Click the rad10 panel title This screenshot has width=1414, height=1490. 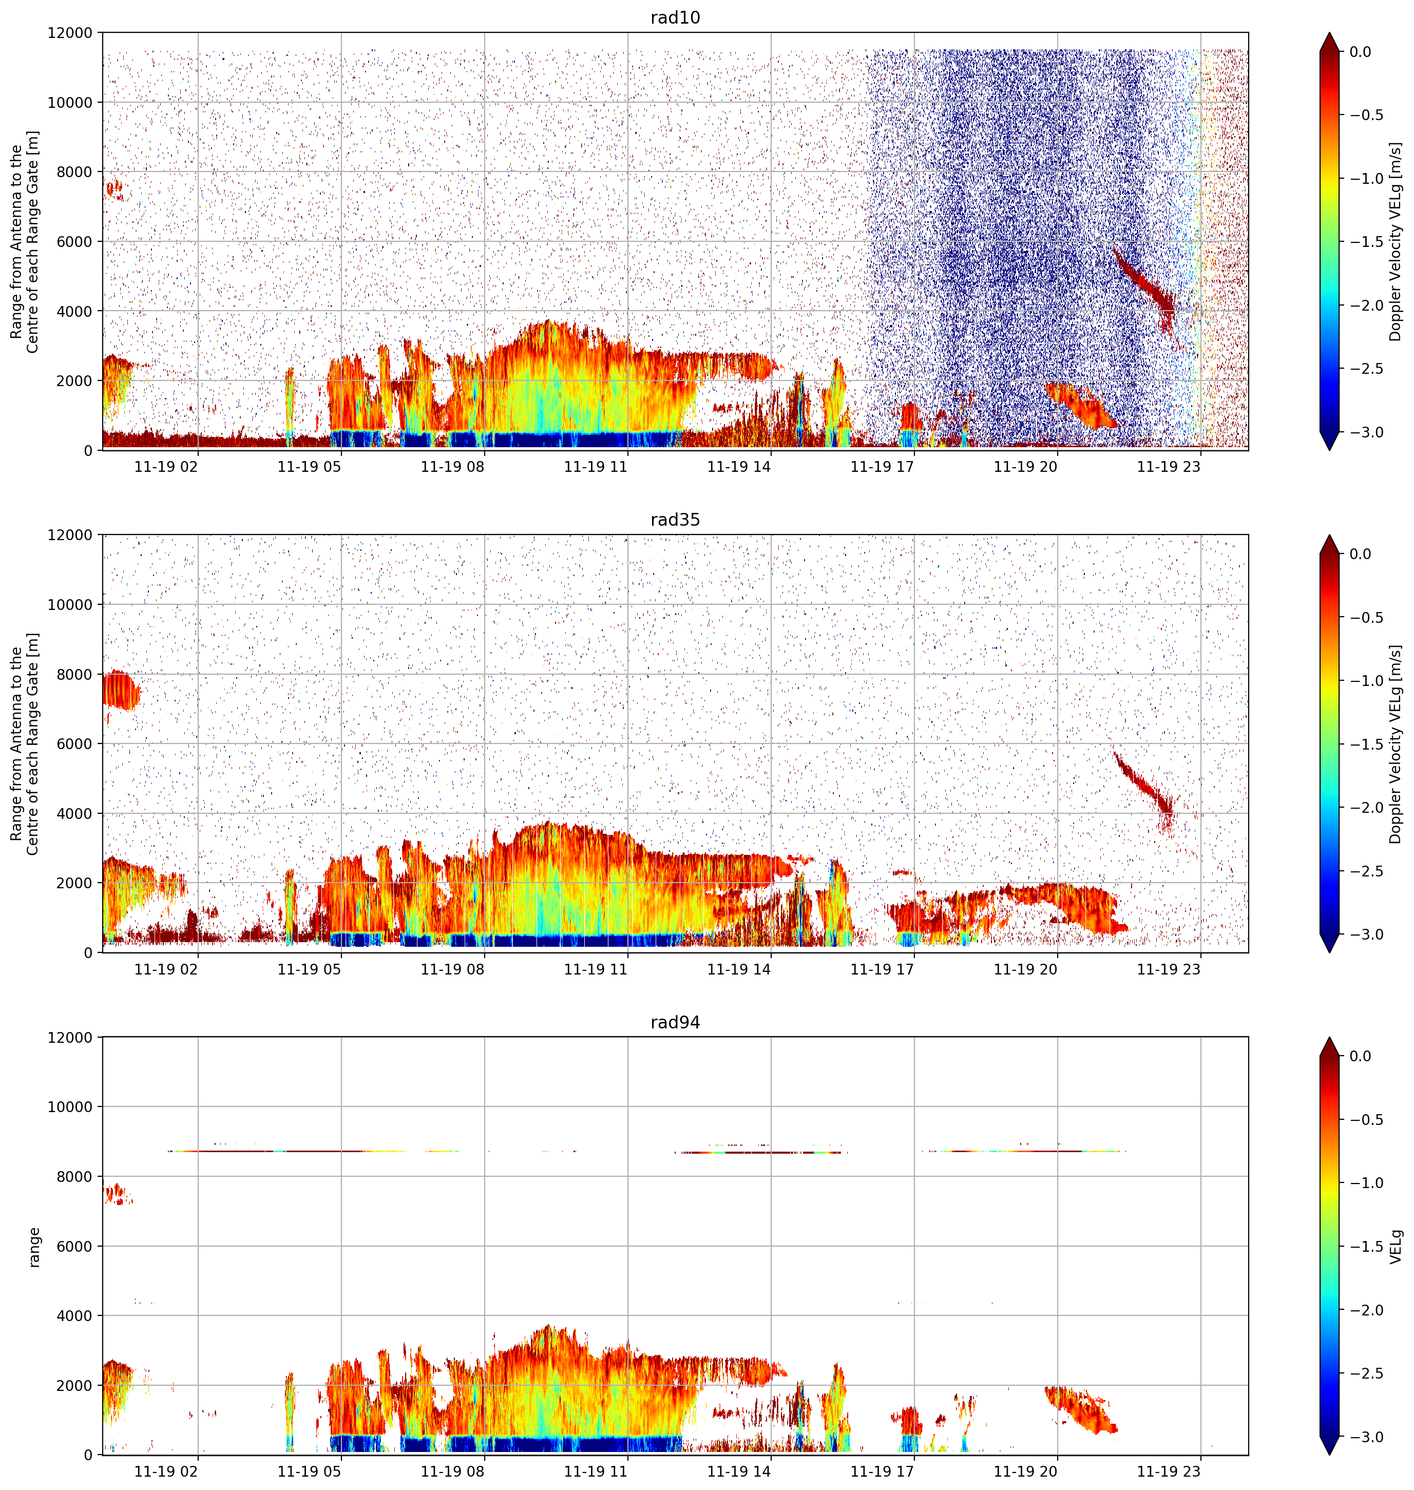(x=675, y=17)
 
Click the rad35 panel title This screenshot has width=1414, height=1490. (x=675, y=520)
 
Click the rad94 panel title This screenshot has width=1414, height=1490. (x=675, y=1023)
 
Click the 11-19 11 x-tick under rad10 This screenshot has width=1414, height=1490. (x=596, y=467)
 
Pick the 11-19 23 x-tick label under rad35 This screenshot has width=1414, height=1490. (x=1168, y=969)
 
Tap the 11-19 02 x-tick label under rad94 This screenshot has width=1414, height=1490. (x=166, y=1471)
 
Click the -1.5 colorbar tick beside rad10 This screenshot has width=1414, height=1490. (x=1366, y=242)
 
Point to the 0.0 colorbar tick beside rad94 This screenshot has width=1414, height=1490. (x=1361, y=1056)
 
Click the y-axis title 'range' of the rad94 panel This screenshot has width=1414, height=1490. (x=34, y=1247)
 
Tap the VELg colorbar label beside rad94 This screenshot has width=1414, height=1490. (x=1396, y=1247)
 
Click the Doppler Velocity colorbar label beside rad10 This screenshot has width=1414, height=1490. (x=1396, y=242)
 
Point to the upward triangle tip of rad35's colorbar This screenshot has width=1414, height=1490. (x=1330, y=535)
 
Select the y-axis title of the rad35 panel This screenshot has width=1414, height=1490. (x=24, y=744)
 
